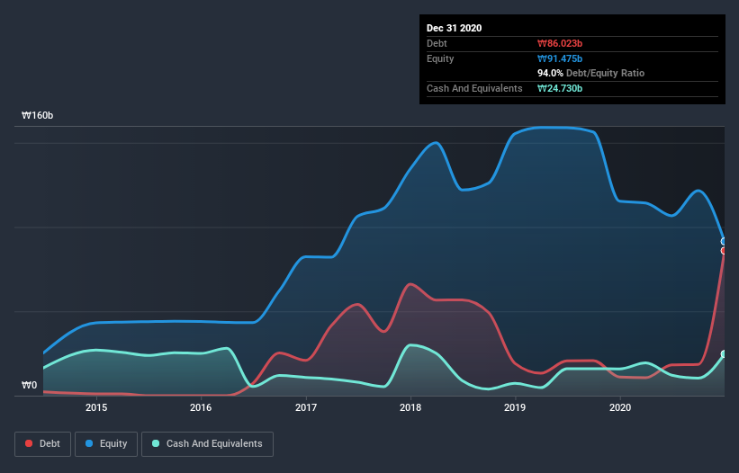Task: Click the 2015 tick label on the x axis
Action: (x=96, y=407)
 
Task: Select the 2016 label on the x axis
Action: (x=201, y=407)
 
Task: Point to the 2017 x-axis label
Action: (x=306, y=407)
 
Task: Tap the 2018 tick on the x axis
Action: (x=410, y=407)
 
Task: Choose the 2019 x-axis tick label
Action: (x=515, y=407)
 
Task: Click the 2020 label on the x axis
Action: (x=620, y=407)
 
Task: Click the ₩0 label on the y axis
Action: (x=30, y=386)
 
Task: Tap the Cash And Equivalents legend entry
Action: (x=207, y=443)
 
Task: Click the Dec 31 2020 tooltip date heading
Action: (x=454, y=28)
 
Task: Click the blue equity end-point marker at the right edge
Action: (x=724, y=241)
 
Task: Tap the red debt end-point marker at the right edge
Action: (x=724, y=251)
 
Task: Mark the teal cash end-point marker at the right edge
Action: (x=724, y=354)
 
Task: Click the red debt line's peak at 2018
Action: (x=410, y=284)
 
